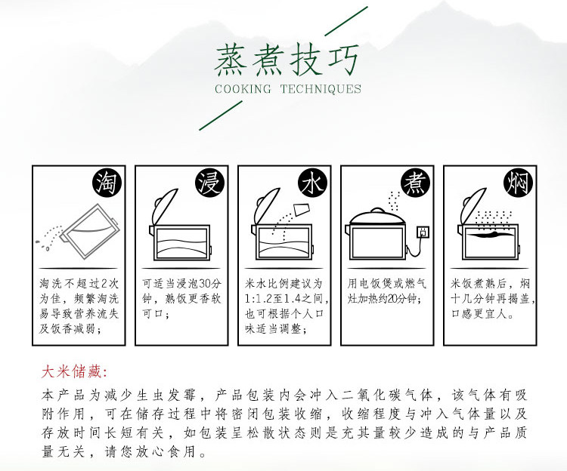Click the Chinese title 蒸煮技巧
coord(287,60)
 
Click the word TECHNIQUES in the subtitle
coord(321,89)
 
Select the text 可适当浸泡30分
coord(181,284)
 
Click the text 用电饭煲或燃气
coord(387,284)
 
